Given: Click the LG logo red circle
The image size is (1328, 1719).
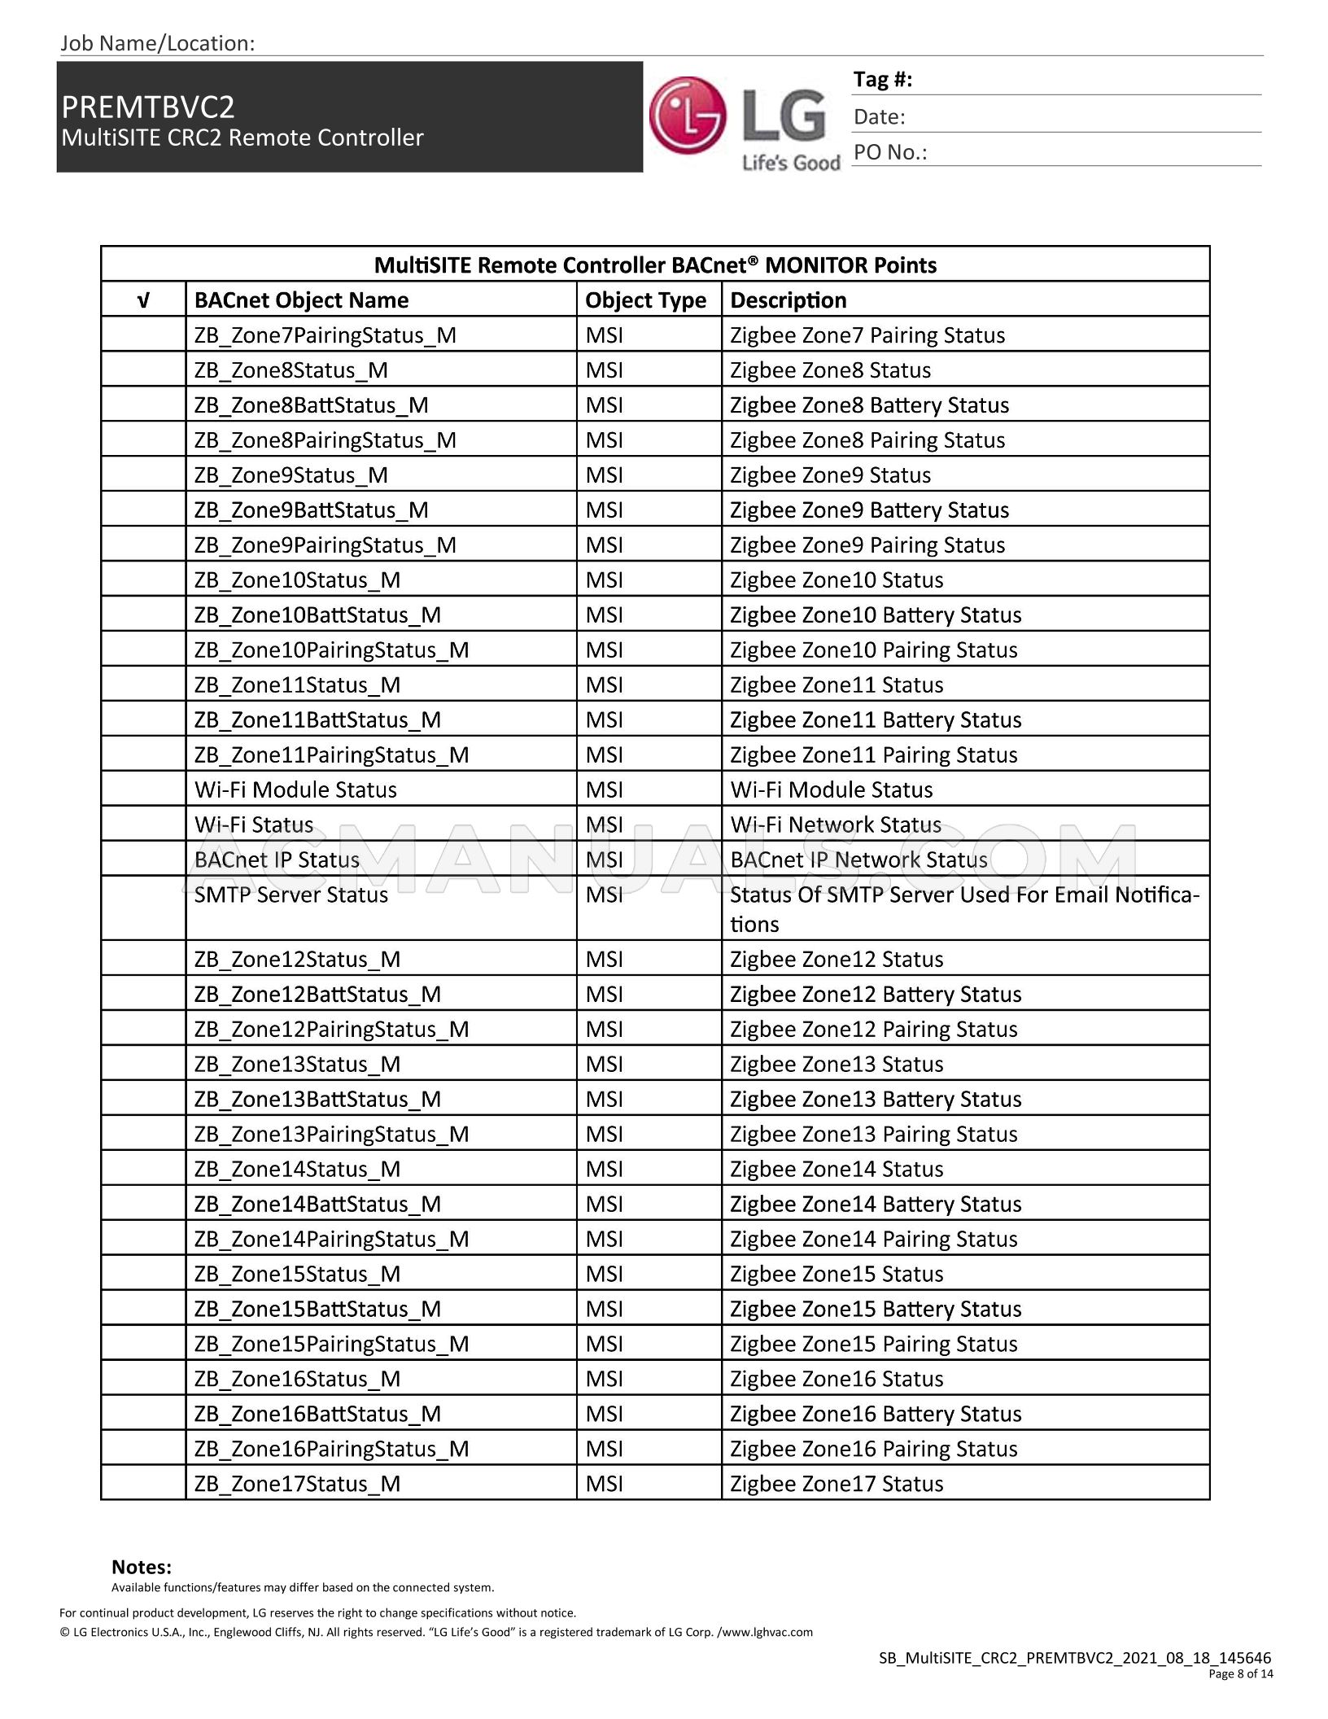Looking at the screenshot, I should pos(687,116).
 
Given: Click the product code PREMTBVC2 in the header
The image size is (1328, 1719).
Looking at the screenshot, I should pos(148,107).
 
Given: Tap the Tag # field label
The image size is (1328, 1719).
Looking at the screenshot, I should pos(882,79).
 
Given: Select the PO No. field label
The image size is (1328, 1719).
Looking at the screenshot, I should pos(889,152).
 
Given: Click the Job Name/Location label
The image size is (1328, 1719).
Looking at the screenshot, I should pos(157,43).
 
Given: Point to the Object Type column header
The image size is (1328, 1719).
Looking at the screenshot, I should pos(645,300).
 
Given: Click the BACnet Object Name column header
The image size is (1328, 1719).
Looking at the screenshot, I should pos(301,300).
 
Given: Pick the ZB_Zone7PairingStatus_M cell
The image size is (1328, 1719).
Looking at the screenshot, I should pos(325,335).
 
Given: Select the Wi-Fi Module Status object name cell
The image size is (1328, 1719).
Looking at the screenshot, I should pos(295,789).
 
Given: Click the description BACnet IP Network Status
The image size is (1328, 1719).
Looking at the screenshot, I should pos(858,859).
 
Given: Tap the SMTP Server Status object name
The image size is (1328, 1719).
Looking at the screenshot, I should pos(290,894).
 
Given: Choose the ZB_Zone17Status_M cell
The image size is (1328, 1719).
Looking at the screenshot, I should pos(297,1483).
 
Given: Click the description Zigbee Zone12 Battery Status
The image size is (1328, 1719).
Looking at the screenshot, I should pos(875,993).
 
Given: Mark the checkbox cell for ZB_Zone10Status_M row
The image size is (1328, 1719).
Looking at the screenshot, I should pos(143,580).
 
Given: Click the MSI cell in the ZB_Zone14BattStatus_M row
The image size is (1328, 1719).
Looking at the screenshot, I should pos(604,1203).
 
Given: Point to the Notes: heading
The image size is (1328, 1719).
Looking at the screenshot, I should pos(142,1566).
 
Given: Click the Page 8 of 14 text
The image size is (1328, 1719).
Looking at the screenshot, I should pos(1240,1673).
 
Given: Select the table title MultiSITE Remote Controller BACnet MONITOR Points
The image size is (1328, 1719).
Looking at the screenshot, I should pos(655,265).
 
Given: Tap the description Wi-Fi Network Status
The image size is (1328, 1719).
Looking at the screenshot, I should pos(835,824).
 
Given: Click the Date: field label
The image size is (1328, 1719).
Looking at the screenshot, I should pos(879,116).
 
